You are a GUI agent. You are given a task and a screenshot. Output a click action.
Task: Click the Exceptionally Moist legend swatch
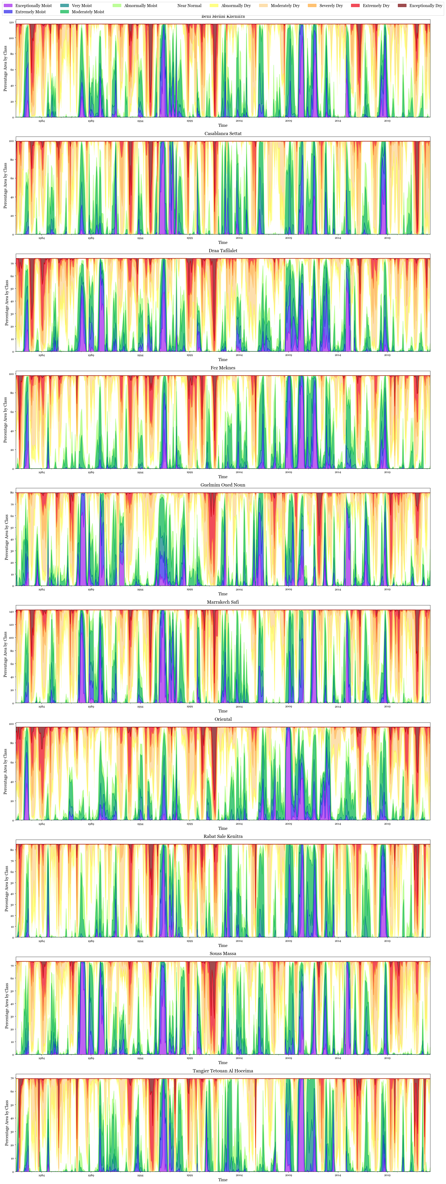point(8,6)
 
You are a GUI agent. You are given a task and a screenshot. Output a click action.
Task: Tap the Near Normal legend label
point(189,6)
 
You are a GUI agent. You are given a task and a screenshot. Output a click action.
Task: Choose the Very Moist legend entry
point(81,6)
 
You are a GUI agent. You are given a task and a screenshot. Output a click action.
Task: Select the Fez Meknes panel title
point(223,368)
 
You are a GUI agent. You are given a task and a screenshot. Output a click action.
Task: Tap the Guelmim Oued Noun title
point(223,485)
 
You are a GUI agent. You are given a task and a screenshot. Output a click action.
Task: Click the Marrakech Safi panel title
point(223,602)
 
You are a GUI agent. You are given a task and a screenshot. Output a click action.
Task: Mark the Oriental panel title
point(223,719)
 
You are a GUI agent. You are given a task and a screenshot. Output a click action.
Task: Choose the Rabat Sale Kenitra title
point(223,836)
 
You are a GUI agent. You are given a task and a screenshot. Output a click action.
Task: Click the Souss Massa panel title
point(223,954)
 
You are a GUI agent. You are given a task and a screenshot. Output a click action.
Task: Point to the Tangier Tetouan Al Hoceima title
point(223,1071)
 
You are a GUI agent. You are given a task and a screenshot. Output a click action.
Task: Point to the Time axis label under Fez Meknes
point(223,477)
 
